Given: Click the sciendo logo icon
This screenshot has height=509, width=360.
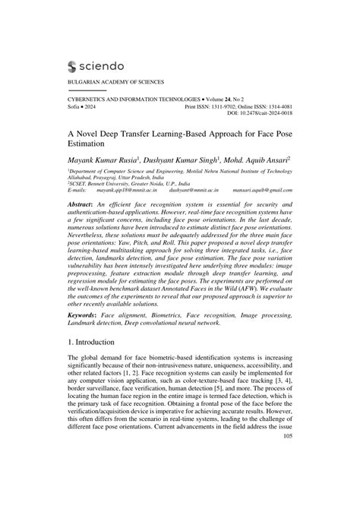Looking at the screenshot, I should click(x=74, y=66).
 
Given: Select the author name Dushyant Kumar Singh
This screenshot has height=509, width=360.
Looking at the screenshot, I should click(x=182, y=162).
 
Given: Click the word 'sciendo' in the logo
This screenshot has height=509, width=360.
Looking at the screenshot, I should click(x=107, y=66).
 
